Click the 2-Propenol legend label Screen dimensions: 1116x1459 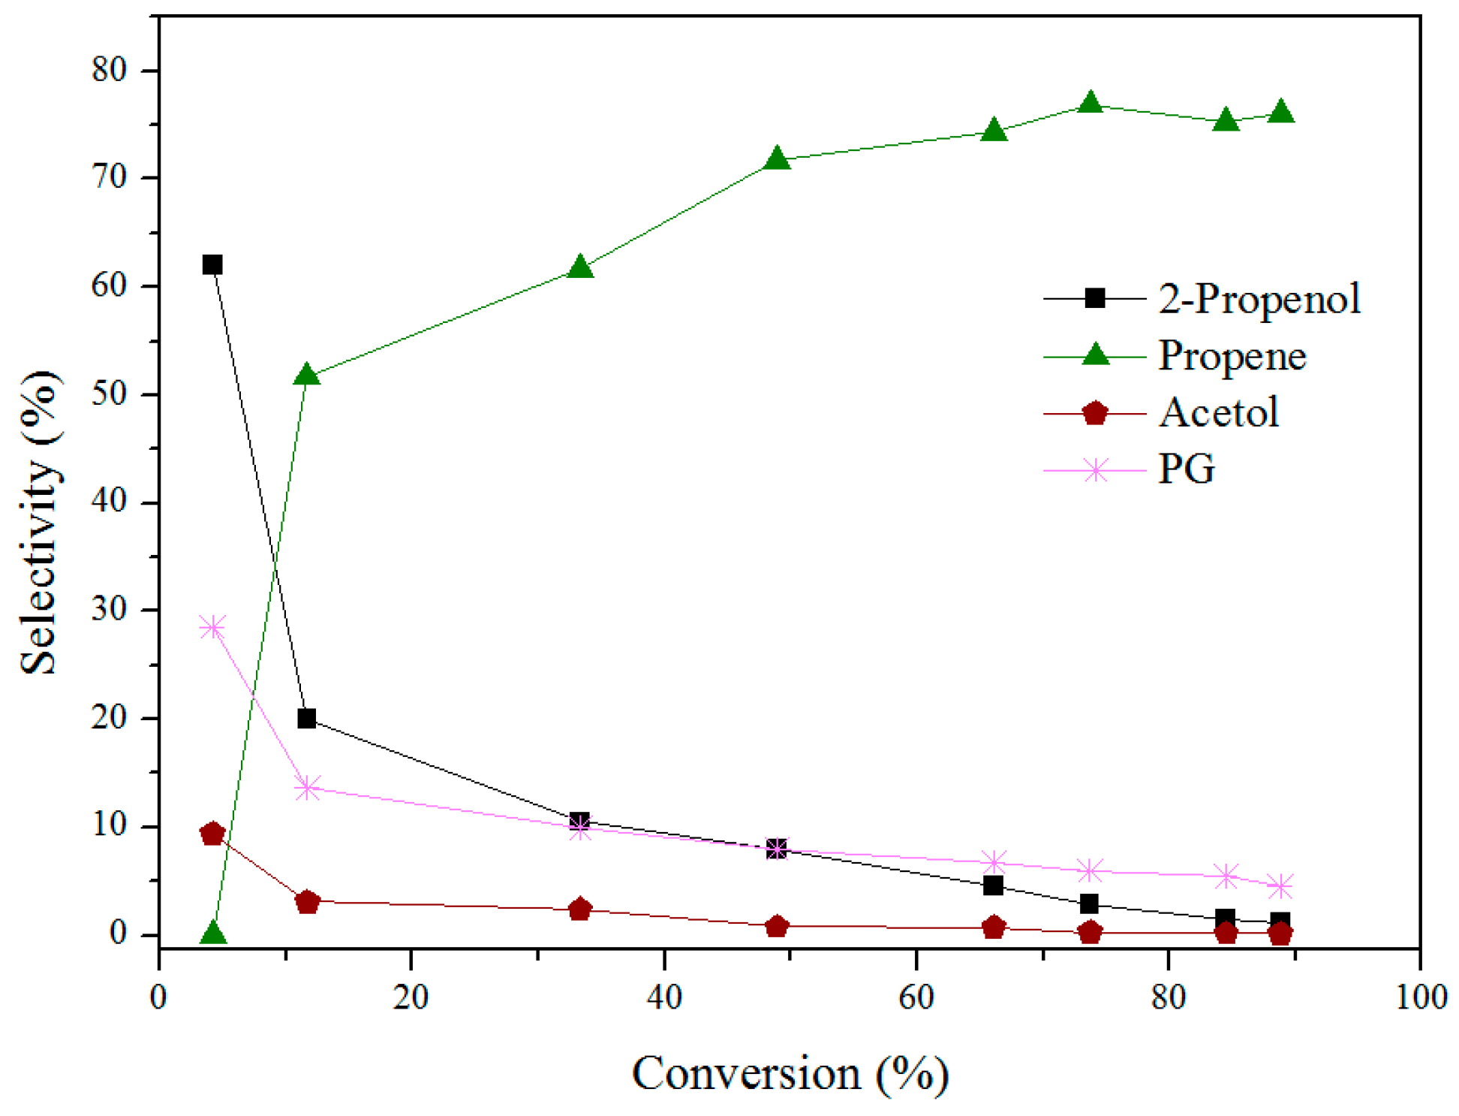pyautogui.click(x=1259, y=298)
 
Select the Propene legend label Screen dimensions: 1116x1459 pyautogui.click(x=1232, y=355)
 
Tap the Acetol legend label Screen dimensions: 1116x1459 pyautogui.click(x=1218, y=412)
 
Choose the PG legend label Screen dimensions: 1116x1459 pyautogui.click(x=1186, y=469)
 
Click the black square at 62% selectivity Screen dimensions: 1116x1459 pyautogui.click(x=212, y=264)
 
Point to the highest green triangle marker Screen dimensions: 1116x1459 pyautogui.click(x=1090, y=103)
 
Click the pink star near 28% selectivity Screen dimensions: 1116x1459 pyautogui.click(x=213, y=627)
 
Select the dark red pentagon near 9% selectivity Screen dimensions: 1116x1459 pyautogui.click(x=213, y=834)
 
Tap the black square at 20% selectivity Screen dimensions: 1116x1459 pyautogui.click(x=306, y=719)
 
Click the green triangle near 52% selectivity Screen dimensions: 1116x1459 pyautogui.click(x=307, y=374)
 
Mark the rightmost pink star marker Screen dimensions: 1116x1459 pyautogui.click(x=1280, y=886)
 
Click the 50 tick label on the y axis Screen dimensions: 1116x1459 pyautogui.click(x=110, y=394)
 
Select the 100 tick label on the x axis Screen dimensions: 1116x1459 pyautogui.click(x=1421, y=997)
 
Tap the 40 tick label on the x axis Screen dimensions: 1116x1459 pyautogui.click(x=663, y=997)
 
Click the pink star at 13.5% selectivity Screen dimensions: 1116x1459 pyautogui.click(x=307, y=789)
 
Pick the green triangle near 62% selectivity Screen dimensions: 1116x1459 pyautogui.click(x=580, y=267)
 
